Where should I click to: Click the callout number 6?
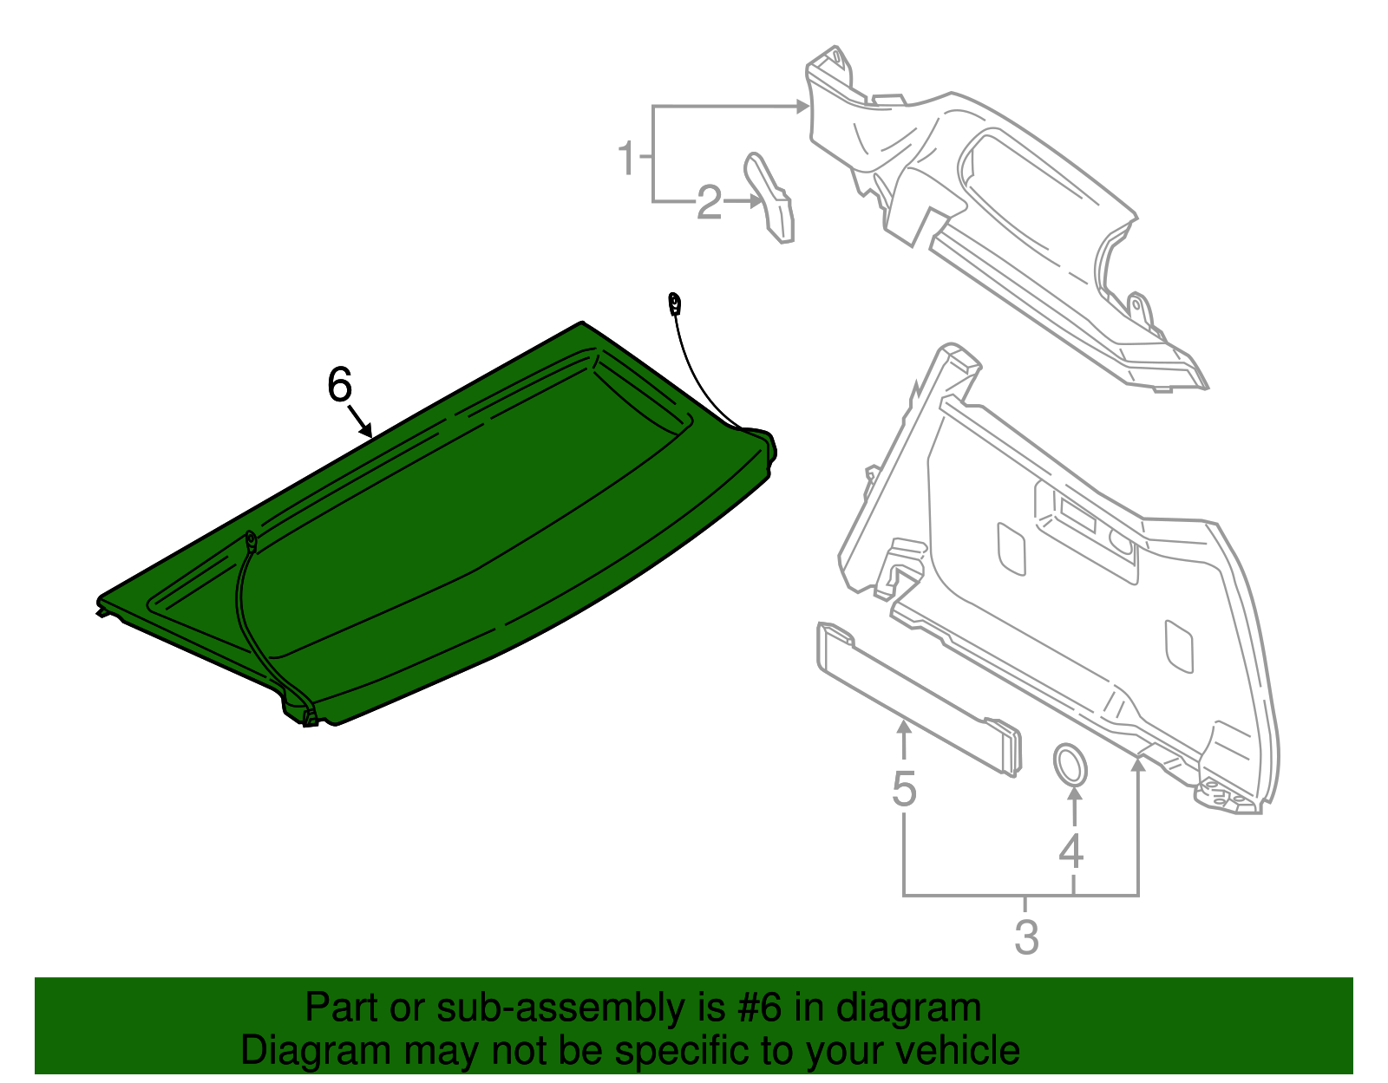pyautogui.click(x=339, y=384)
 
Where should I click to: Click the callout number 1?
pyautogui.click(x=626, y=159)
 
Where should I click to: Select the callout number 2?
pyautogui.click(x=709, y=203)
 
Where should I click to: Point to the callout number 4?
pyautogui.click(x=1071, y=851)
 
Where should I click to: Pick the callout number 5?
pyautogui.click(x=904, y=788)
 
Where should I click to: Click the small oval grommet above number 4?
pyautogui.click(x=1070, y=764)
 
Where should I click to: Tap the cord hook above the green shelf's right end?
pyautogui.click(x=673, y=303)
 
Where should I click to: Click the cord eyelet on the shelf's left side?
pyautogui.click(x=251, y=542)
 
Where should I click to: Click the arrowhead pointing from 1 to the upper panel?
pyautogui.click(x=802, y=107)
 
